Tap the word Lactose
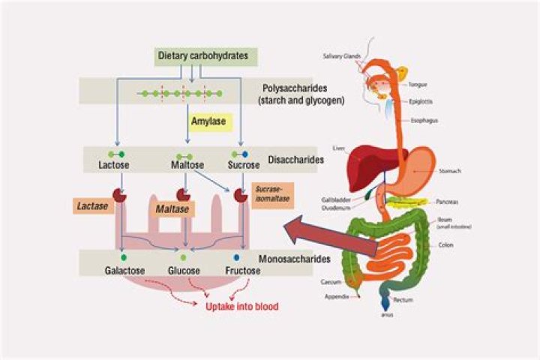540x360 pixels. click(115, 164)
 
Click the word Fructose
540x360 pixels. click(242, 270)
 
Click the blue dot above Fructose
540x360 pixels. click(236, 257)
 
